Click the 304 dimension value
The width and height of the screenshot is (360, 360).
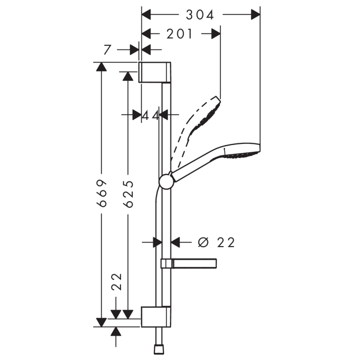tap(200, 15)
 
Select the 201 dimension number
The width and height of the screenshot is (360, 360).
tap(179, 34)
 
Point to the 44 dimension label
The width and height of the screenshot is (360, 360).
tap(151, 115)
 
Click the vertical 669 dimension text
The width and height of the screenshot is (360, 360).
tap(102, 193)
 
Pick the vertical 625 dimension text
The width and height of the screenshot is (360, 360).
tap(128, 193)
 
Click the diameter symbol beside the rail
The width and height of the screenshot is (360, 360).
tap(203, 243)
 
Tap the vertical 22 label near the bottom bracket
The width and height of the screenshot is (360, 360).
tap(117, 283)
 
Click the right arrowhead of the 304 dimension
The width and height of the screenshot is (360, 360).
tap(256, 15)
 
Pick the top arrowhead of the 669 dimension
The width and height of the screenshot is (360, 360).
tap(101, 67)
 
